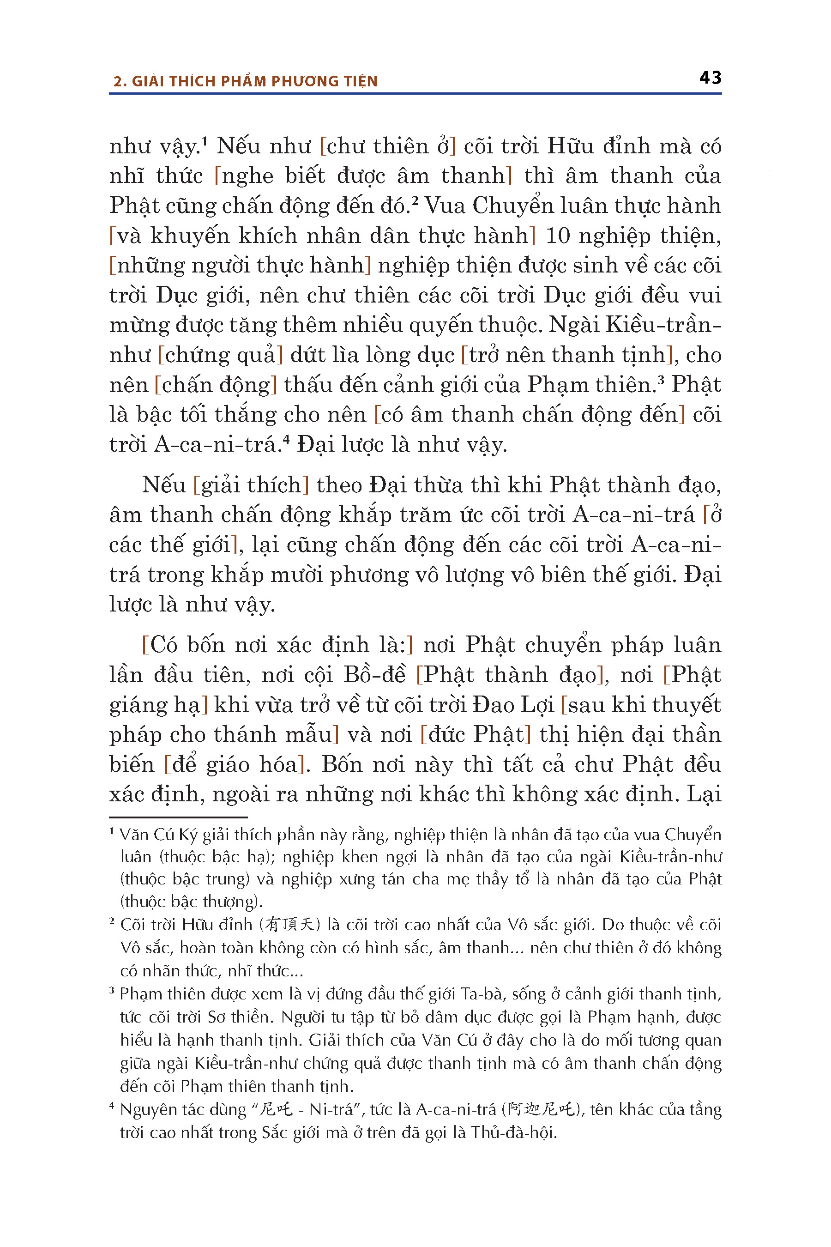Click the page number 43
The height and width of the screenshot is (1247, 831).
710,78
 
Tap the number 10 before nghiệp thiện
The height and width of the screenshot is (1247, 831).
557,236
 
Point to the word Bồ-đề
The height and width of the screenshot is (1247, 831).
374,675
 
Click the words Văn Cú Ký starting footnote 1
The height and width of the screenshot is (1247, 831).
158,835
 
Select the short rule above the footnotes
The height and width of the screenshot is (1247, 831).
178,817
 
